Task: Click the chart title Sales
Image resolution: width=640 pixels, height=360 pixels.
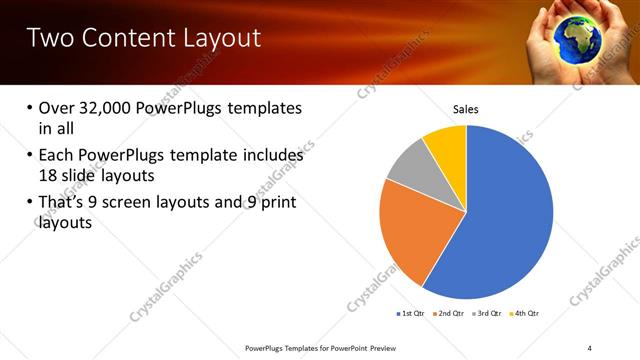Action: click(x=466, y=108)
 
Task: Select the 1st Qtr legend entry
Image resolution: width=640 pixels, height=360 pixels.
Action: click(x=411, y=313)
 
